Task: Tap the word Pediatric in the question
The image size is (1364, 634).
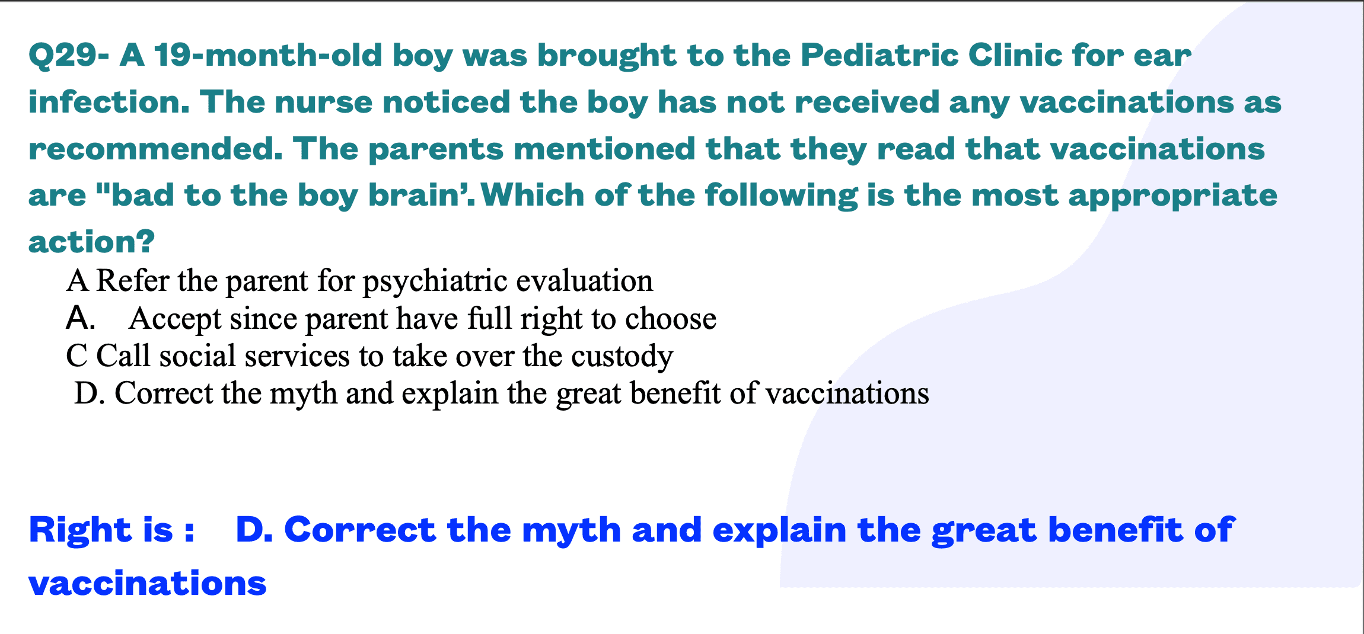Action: (879, 55)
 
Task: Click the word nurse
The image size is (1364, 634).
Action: (323, 102)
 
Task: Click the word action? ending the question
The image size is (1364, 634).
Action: (92, 242)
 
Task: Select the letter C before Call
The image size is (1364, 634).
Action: (77, 356)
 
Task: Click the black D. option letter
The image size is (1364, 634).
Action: (90, 393)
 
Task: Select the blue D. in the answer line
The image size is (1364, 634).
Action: (254, 530)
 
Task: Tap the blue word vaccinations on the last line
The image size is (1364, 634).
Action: (148, 584)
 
